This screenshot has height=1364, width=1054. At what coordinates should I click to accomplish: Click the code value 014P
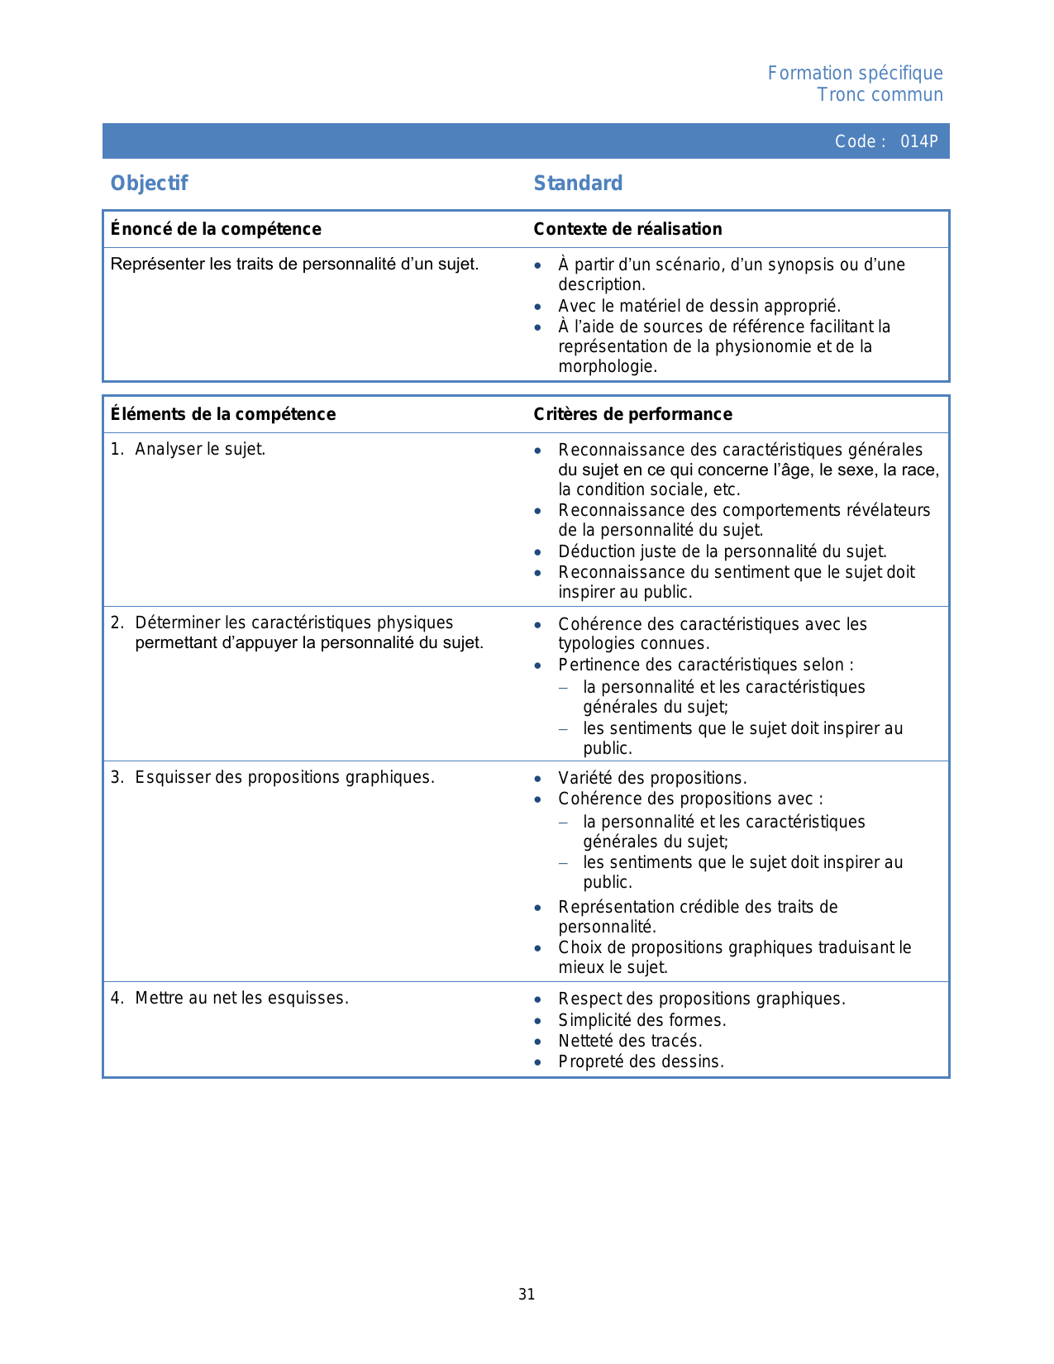pyautogui.click(x=918, y=141)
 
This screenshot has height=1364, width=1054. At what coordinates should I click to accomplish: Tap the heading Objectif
pyautogui.click(x=149, y=184)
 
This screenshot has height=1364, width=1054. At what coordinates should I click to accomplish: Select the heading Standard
pyautogui.click(x=578, y=184)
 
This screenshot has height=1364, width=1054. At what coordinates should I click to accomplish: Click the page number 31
pyautogui.click(x=527, y=1295)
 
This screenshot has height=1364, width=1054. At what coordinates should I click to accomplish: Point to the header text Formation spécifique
pyautogui.click(x=855, y=74)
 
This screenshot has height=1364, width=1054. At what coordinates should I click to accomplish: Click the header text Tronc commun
pyautogui.click(x=880, y=95)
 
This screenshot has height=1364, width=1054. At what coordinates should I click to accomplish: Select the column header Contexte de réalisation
pyautogui.click(x=627, y=229)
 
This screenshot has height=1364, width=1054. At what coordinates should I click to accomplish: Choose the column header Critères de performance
pyautogui.click(x=632, y=414)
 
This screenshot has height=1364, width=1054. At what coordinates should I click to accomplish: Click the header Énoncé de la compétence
pyautogui.click(x=216, y=229)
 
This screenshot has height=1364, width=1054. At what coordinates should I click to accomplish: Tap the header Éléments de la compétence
pyautogui.click(x=223, y=414)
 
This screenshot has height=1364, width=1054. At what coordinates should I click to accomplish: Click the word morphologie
pyautogui.click(x=606, y=367)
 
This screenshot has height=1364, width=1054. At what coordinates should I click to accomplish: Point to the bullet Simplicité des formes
pyautogui.click(x=641, y=1020)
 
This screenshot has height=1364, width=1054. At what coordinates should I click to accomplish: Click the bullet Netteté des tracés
pyautogui.click(x=630, y=1041)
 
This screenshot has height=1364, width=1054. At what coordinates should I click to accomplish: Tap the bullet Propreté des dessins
pyautogui.click(x=641, y=1062)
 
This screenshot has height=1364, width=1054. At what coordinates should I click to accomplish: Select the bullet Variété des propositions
pyautogui.click(x=652, y=779)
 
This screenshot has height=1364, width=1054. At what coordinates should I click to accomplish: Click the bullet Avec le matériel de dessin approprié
pyautogui.click(x=699, y=307)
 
